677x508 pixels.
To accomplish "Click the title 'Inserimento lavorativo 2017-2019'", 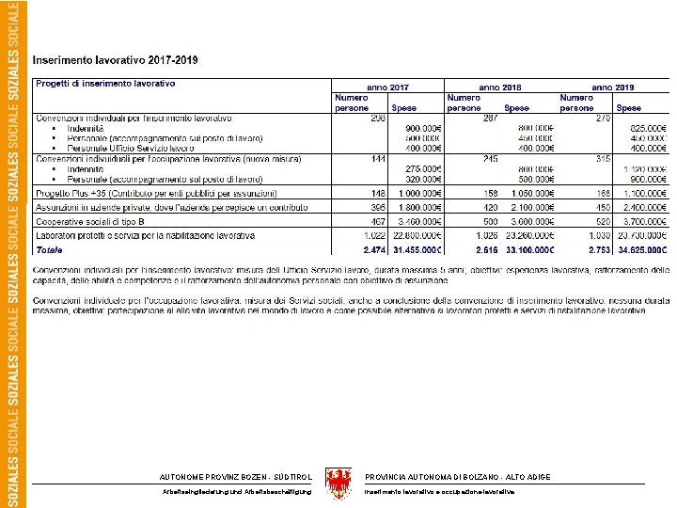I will click(115, 60).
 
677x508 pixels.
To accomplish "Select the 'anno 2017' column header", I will click(386, 85).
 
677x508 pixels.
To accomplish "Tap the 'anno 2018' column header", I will click(499, 85).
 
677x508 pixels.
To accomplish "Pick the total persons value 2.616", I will click(485, 250).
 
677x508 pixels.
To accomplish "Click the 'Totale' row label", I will click(50, 250).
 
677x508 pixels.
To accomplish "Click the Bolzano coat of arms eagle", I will click(338, 483).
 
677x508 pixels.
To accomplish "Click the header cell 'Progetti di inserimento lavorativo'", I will click(106, 84).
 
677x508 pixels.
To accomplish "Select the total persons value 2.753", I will click(598, 250).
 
